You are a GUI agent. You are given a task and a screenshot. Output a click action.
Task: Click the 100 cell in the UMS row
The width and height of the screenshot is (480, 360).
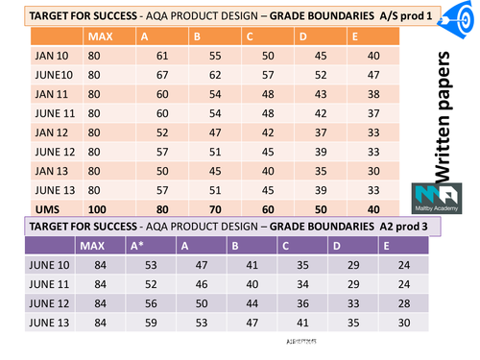tap(100, 207)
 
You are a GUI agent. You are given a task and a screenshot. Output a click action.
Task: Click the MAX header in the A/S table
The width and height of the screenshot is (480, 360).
tap(99, 36)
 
